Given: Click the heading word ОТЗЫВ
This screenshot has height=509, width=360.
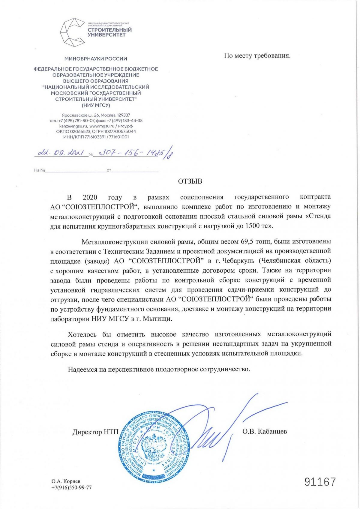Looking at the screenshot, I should (x=190, y=181).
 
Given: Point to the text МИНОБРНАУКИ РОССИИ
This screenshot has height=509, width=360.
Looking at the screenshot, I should (x=96, y=59).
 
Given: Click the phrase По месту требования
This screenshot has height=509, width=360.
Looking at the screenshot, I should (x=257, y=55).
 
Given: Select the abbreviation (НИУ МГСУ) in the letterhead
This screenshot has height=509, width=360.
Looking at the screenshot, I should (x=96, y=105).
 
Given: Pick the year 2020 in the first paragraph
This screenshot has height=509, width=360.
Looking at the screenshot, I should (x=90, y=197).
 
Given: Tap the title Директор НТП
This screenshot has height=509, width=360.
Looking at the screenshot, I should (x=95, y=432).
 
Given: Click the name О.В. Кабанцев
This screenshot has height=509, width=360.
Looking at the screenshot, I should (x=265, y=431).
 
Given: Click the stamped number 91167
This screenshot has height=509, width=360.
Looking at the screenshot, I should (x=320, y=482).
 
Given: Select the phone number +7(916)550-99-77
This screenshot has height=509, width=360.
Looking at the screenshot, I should (x=71, y=487).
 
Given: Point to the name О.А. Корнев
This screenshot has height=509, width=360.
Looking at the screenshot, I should (x=66, y=481).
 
